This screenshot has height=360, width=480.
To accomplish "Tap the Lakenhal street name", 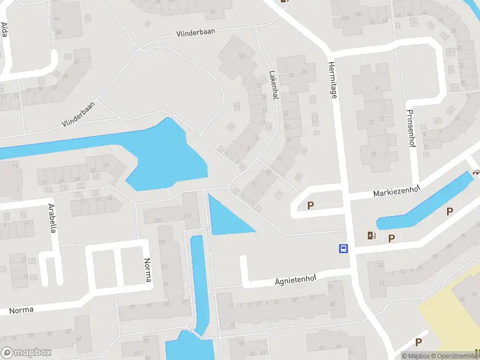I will tap(274, 86).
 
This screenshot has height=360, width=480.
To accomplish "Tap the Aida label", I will tap(5, 29).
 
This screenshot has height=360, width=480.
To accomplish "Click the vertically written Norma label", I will tap(148, 271).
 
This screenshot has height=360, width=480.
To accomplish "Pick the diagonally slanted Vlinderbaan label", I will tap(78, 114).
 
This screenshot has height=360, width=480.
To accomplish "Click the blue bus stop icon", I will tap(344, 248).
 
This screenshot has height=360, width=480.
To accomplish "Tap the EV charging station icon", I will tap(371, 236).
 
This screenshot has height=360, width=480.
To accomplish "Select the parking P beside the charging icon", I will tap(391, 238).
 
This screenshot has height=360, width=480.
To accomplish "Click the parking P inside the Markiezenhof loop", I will tap(310, 206).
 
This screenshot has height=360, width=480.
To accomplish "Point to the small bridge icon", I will tap(476, 173).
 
